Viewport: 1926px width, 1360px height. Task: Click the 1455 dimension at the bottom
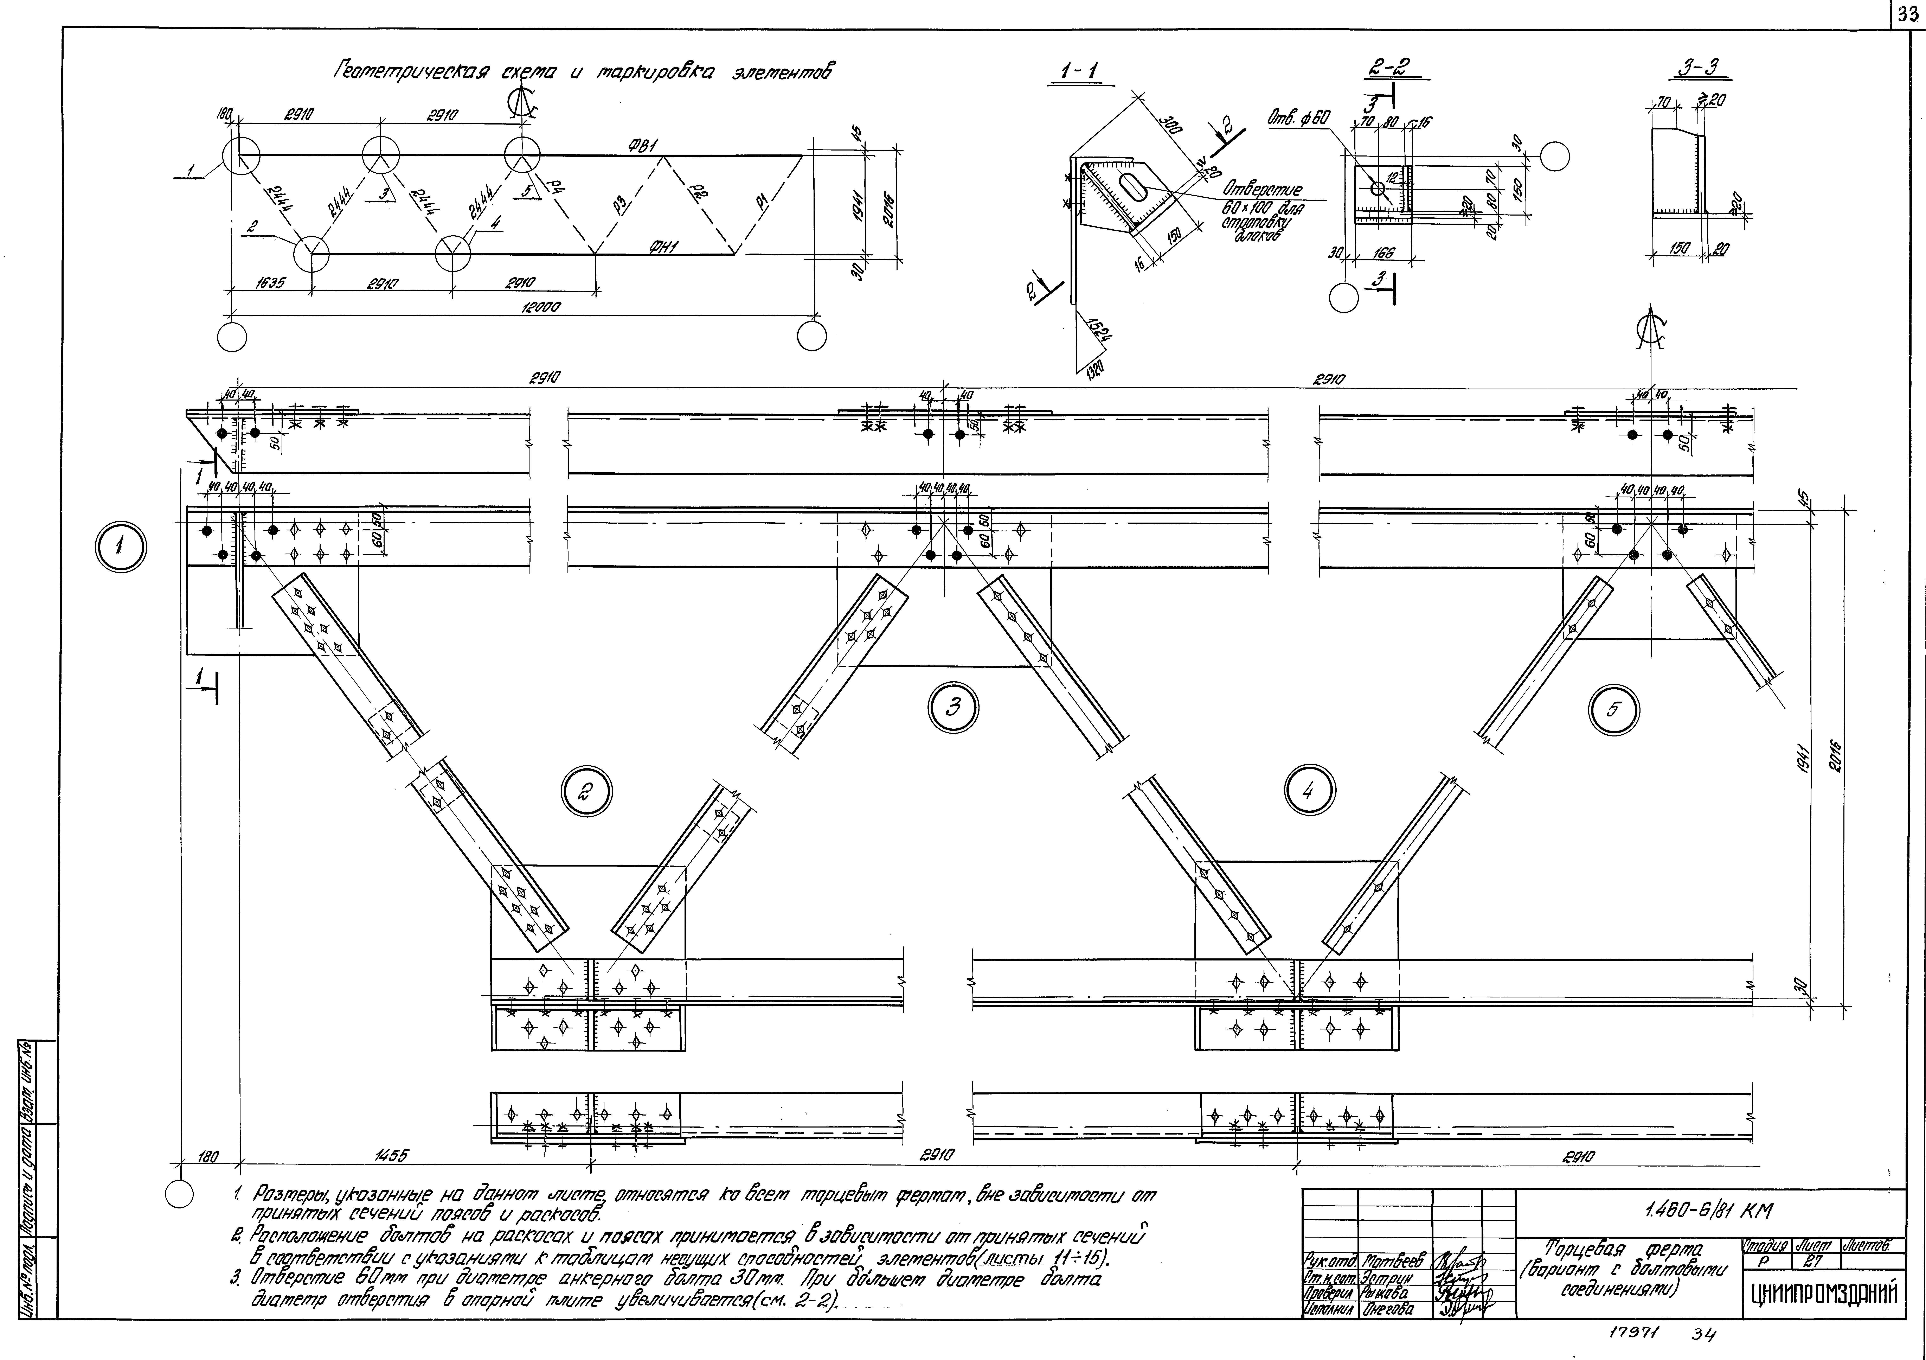(x=391, y=1156)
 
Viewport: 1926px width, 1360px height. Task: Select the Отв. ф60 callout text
(x=1298, y=119)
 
